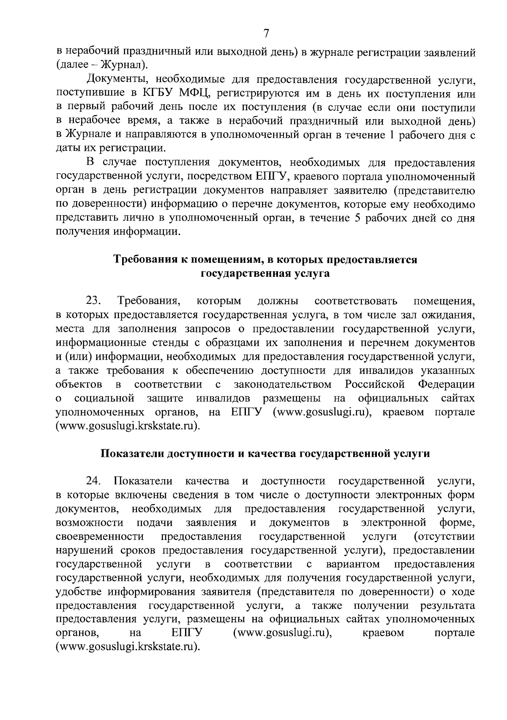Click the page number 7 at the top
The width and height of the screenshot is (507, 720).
[x=266, y=33]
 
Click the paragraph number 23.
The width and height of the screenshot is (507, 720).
[x=93, y=301]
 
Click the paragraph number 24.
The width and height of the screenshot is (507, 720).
[x=93, y=481]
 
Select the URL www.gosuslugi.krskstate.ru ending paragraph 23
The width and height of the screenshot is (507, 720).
[x=127, y=426]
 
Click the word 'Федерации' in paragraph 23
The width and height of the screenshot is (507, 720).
[x=446, y=385]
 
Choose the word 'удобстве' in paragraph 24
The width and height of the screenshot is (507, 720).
[x=79, y=592]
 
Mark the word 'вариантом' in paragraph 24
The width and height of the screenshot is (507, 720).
[x=353, y=565]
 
